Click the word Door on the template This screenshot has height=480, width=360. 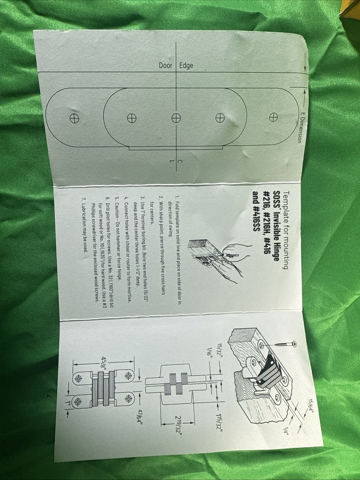[165, 65]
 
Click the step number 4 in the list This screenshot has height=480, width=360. [126, 199]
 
